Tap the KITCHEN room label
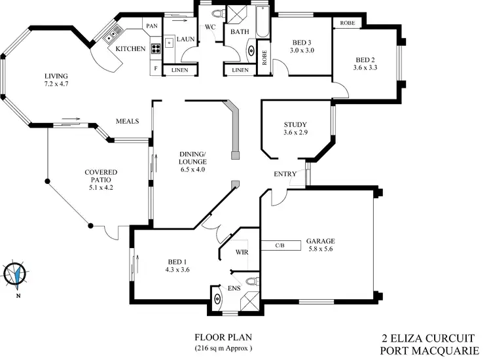130,49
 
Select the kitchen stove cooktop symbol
157,48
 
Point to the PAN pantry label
152,26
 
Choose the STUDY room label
295,124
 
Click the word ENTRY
285,174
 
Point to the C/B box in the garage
280,245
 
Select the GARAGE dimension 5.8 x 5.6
321,249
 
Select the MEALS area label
126,121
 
